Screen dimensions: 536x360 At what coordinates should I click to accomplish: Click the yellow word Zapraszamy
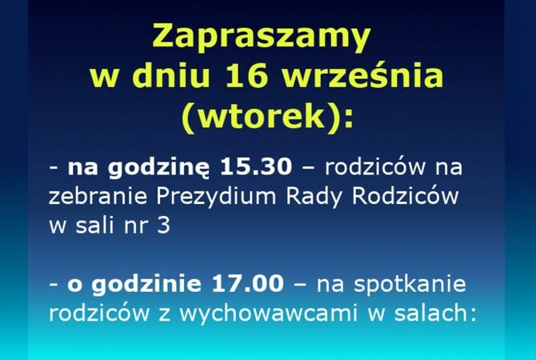262,37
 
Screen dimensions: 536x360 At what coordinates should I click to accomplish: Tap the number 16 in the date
247,76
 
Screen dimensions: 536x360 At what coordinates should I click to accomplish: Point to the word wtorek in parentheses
262,116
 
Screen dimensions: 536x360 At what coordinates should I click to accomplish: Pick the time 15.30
256,167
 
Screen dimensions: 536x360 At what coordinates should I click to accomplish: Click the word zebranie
98,196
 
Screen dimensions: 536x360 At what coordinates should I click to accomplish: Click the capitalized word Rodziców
405,195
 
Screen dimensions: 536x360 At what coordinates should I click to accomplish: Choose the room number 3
164,226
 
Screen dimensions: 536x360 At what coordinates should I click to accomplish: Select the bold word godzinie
146,285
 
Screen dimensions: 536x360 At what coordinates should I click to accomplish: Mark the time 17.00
248,284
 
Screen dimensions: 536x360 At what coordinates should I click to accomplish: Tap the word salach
432,312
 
